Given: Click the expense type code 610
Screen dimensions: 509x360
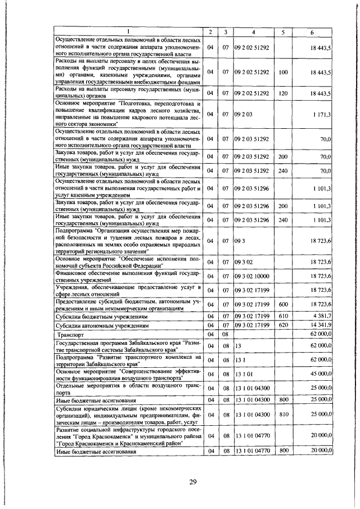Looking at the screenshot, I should [283, 316].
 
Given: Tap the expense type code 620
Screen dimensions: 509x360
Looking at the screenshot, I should [283, 325].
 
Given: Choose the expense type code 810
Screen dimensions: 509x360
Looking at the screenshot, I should [283, 414].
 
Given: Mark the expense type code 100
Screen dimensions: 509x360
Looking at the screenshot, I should [283, 73].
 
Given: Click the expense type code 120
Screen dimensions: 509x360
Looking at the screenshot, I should [283, 92].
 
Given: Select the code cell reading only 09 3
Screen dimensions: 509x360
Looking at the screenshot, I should [238, 241].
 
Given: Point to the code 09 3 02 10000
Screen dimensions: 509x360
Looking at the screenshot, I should [255, 276].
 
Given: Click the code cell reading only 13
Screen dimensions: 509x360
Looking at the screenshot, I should [238, 346].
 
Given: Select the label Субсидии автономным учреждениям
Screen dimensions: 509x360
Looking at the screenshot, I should [102, 325].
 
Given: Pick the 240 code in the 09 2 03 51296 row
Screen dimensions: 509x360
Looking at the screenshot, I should [283, 221].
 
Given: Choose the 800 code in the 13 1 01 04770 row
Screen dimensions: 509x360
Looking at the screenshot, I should [283, 451].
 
